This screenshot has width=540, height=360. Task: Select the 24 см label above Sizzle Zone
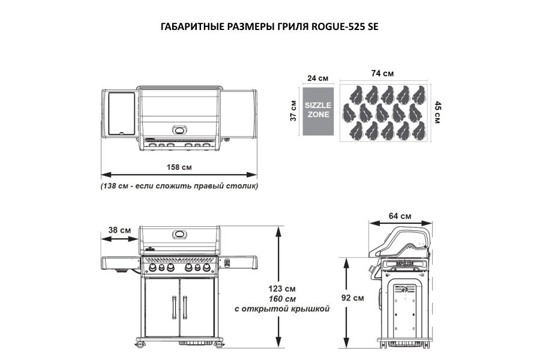pos(318,78)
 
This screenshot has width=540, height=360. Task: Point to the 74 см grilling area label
pos(382,74)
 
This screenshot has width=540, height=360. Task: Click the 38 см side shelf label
pos(120,230)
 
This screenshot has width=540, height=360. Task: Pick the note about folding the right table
pos(179,186)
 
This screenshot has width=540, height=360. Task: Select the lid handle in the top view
pos(180,130)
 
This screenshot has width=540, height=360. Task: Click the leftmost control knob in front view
pos(152,268)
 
